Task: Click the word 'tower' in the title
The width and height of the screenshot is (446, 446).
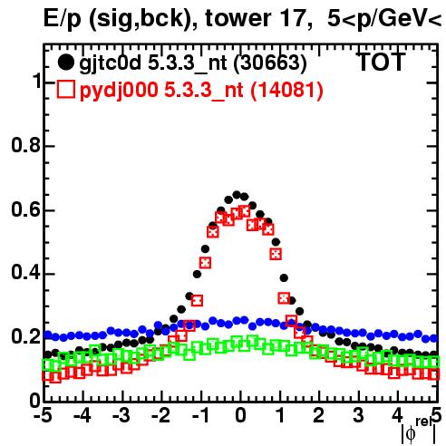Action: tap(238, 18)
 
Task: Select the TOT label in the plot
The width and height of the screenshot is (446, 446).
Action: tap(382, 62)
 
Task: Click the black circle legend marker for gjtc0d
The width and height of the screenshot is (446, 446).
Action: tap(65, 63)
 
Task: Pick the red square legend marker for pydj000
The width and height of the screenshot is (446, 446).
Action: tap(65, 89)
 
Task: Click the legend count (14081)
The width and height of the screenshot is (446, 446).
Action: tap(287, 90)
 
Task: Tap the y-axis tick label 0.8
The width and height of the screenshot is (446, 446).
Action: tap(25, 145)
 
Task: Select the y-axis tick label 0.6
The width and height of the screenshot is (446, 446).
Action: tap(25, 209)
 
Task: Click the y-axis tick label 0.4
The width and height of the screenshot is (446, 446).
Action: tap(25, 273)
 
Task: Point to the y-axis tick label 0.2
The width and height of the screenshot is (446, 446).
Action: tap(25, 336)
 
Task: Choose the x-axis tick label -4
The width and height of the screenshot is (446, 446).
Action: tap(82, 416)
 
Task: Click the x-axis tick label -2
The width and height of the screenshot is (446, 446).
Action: tap(161, 416)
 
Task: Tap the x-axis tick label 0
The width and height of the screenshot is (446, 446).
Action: tap(240, 416)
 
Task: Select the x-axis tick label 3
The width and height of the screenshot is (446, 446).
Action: tap(358, 416)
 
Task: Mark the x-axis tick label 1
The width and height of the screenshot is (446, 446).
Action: tap(280, 416)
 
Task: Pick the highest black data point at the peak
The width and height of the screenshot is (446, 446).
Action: tap(237, 195)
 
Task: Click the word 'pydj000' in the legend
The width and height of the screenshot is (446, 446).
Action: tap(119, 91)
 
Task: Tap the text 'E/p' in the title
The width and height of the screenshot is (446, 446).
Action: tap(63, 19)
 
